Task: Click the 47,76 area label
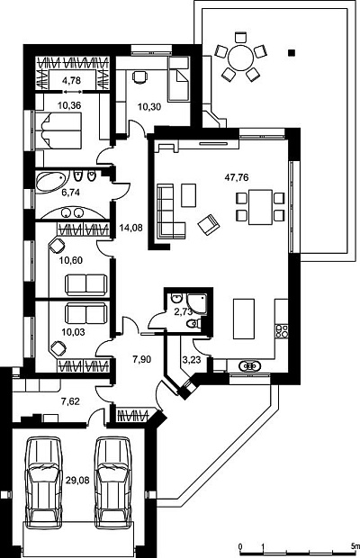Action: (x=237, y=177)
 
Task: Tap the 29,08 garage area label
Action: (x=77, y=481)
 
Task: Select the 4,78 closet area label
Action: (x=71, y=80)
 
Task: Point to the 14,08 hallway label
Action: (x=130, y=228)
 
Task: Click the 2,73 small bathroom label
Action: (x=184, y=312)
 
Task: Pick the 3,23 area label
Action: (x=192, y=360)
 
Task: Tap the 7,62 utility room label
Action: (x=70, y=401)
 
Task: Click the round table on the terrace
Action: (x=240, y=57)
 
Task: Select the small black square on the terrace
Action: (x=292, y=53)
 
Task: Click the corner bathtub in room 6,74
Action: (x=49, y=182)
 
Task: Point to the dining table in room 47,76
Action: (x=260, y=208)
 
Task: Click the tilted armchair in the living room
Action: (x=209, y=224)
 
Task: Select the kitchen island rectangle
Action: (x=244, y=319)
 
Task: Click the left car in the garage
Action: (x=43, y=483)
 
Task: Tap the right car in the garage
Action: (x=113, y=483)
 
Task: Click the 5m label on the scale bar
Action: (x=355, y=546)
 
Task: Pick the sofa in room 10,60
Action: (x=86, y=284)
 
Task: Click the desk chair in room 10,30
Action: (x=139, y=76)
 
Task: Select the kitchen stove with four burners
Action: (x=282, y=331)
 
